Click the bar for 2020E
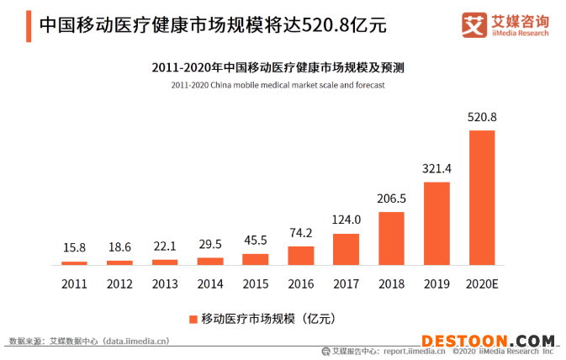[x=482, y=198]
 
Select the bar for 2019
[x=436, y=223]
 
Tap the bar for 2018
[x=391, y=238]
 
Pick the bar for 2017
[x=346, y=249]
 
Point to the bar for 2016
[x=300, y=255]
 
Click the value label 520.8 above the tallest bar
[x=482, y=117]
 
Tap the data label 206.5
[x=391, y=199]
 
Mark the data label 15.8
[x=74, y=248]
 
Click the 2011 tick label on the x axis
[x=74, y=283]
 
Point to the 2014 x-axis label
[x=209, y=283]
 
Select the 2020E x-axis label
[x=482, y=283]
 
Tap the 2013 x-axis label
[x=164, y=283]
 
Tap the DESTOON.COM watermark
[x=488, y=341]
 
